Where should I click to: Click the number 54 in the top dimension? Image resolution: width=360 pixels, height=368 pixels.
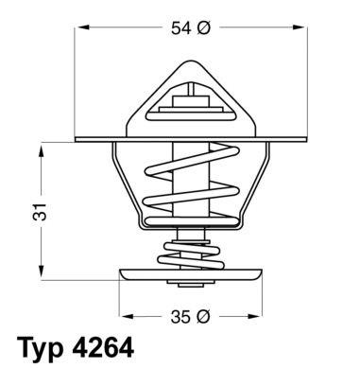(181, 28)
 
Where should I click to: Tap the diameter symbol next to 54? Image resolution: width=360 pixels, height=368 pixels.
(203, 28)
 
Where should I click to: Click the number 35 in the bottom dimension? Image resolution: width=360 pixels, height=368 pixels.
(180, 317)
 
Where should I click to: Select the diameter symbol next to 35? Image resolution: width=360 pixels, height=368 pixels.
(203, 317)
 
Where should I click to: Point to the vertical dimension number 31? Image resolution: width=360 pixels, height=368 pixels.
(41, 212)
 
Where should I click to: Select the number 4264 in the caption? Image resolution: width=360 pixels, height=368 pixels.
(103, 346)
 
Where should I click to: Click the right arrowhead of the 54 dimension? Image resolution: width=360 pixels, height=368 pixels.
(299, 27)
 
